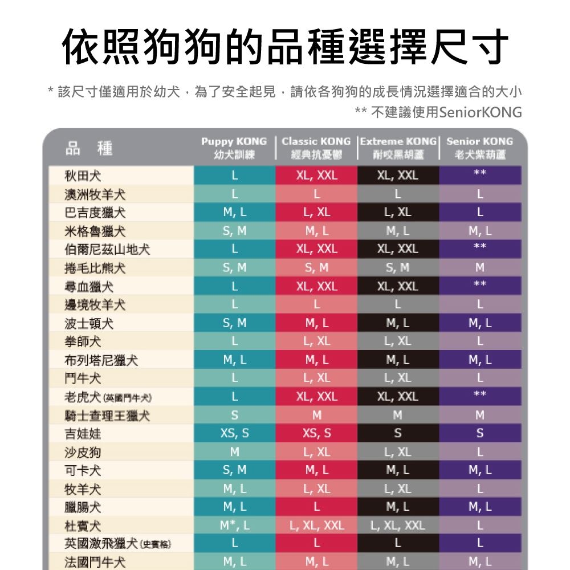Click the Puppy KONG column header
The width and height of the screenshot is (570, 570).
click(234, 148)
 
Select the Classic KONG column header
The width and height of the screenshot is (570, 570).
click(316, 148)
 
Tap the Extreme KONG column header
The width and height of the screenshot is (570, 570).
click(398, 148)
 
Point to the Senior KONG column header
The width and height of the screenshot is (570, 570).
click(480, 148)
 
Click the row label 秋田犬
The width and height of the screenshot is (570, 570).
click(83, 176)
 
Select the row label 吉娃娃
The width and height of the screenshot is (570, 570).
click(83, 434)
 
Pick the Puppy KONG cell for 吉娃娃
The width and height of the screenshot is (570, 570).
click(234, 434)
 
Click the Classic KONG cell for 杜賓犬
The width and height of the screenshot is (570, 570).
click(316, 526)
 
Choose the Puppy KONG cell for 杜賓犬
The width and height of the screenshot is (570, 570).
click(234, 526)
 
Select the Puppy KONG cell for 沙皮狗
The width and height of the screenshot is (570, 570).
click(234, 453)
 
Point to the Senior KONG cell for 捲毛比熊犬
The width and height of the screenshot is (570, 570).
click(480, 268)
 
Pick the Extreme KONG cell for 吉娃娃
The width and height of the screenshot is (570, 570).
click(398, 434)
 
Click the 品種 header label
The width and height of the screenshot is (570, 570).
click(89, 149)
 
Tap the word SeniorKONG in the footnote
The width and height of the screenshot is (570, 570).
click(480, 112)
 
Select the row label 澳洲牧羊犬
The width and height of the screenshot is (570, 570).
click(95, 194)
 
